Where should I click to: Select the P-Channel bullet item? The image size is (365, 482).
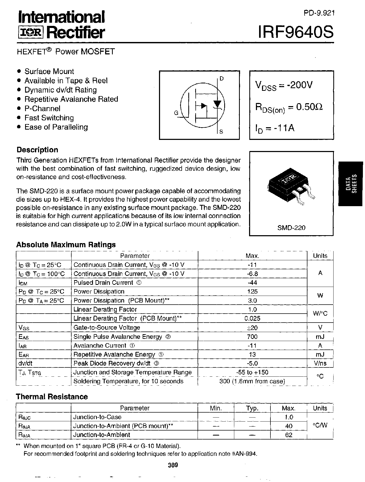[42, 108]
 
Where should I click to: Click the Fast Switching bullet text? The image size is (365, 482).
[49, 118]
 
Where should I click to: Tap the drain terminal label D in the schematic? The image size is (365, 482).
[222, 78]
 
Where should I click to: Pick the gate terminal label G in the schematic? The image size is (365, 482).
[176, 113]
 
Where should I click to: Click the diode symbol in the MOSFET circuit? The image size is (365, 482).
[217, 104]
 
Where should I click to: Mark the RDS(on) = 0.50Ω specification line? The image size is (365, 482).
[289, 107]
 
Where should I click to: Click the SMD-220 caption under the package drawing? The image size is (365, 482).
[291, 228]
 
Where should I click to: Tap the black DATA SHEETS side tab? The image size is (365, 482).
[351, 184]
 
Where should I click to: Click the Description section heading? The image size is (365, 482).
[37, 150]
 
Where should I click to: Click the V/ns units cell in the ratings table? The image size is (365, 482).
[320, 363]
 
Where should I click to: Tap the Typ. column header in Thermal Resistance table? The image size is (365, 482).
[252, 408]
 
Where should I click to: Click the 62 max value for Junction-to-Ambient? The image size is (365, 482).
[289, 435]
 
